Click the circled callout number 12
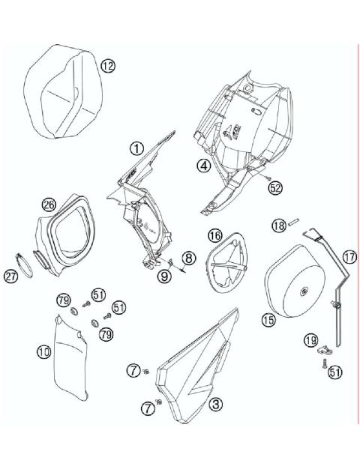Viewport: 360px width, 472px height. pyautogui.click(x=109, y=66)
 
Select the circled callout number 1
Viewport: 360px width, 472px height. pyautogui.click(x=136, y=148)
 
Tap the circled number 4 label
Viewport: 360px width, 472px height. pyautogui.click(x=203, y=166)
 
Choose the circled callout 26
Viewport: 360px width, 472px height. pyautogui.click(x=49, y=204)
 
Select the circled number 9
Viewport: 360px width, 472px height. pyautogui.click(x=164, y=276)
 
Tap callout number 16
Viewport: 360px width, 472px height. pyautogui.click(x=214, y=236)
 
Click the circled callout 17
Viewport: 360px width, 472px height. pyautogui.click(x=349, y=256)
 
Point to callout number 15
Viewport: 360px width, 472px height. pyautogui.click(x=268, y=319)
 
